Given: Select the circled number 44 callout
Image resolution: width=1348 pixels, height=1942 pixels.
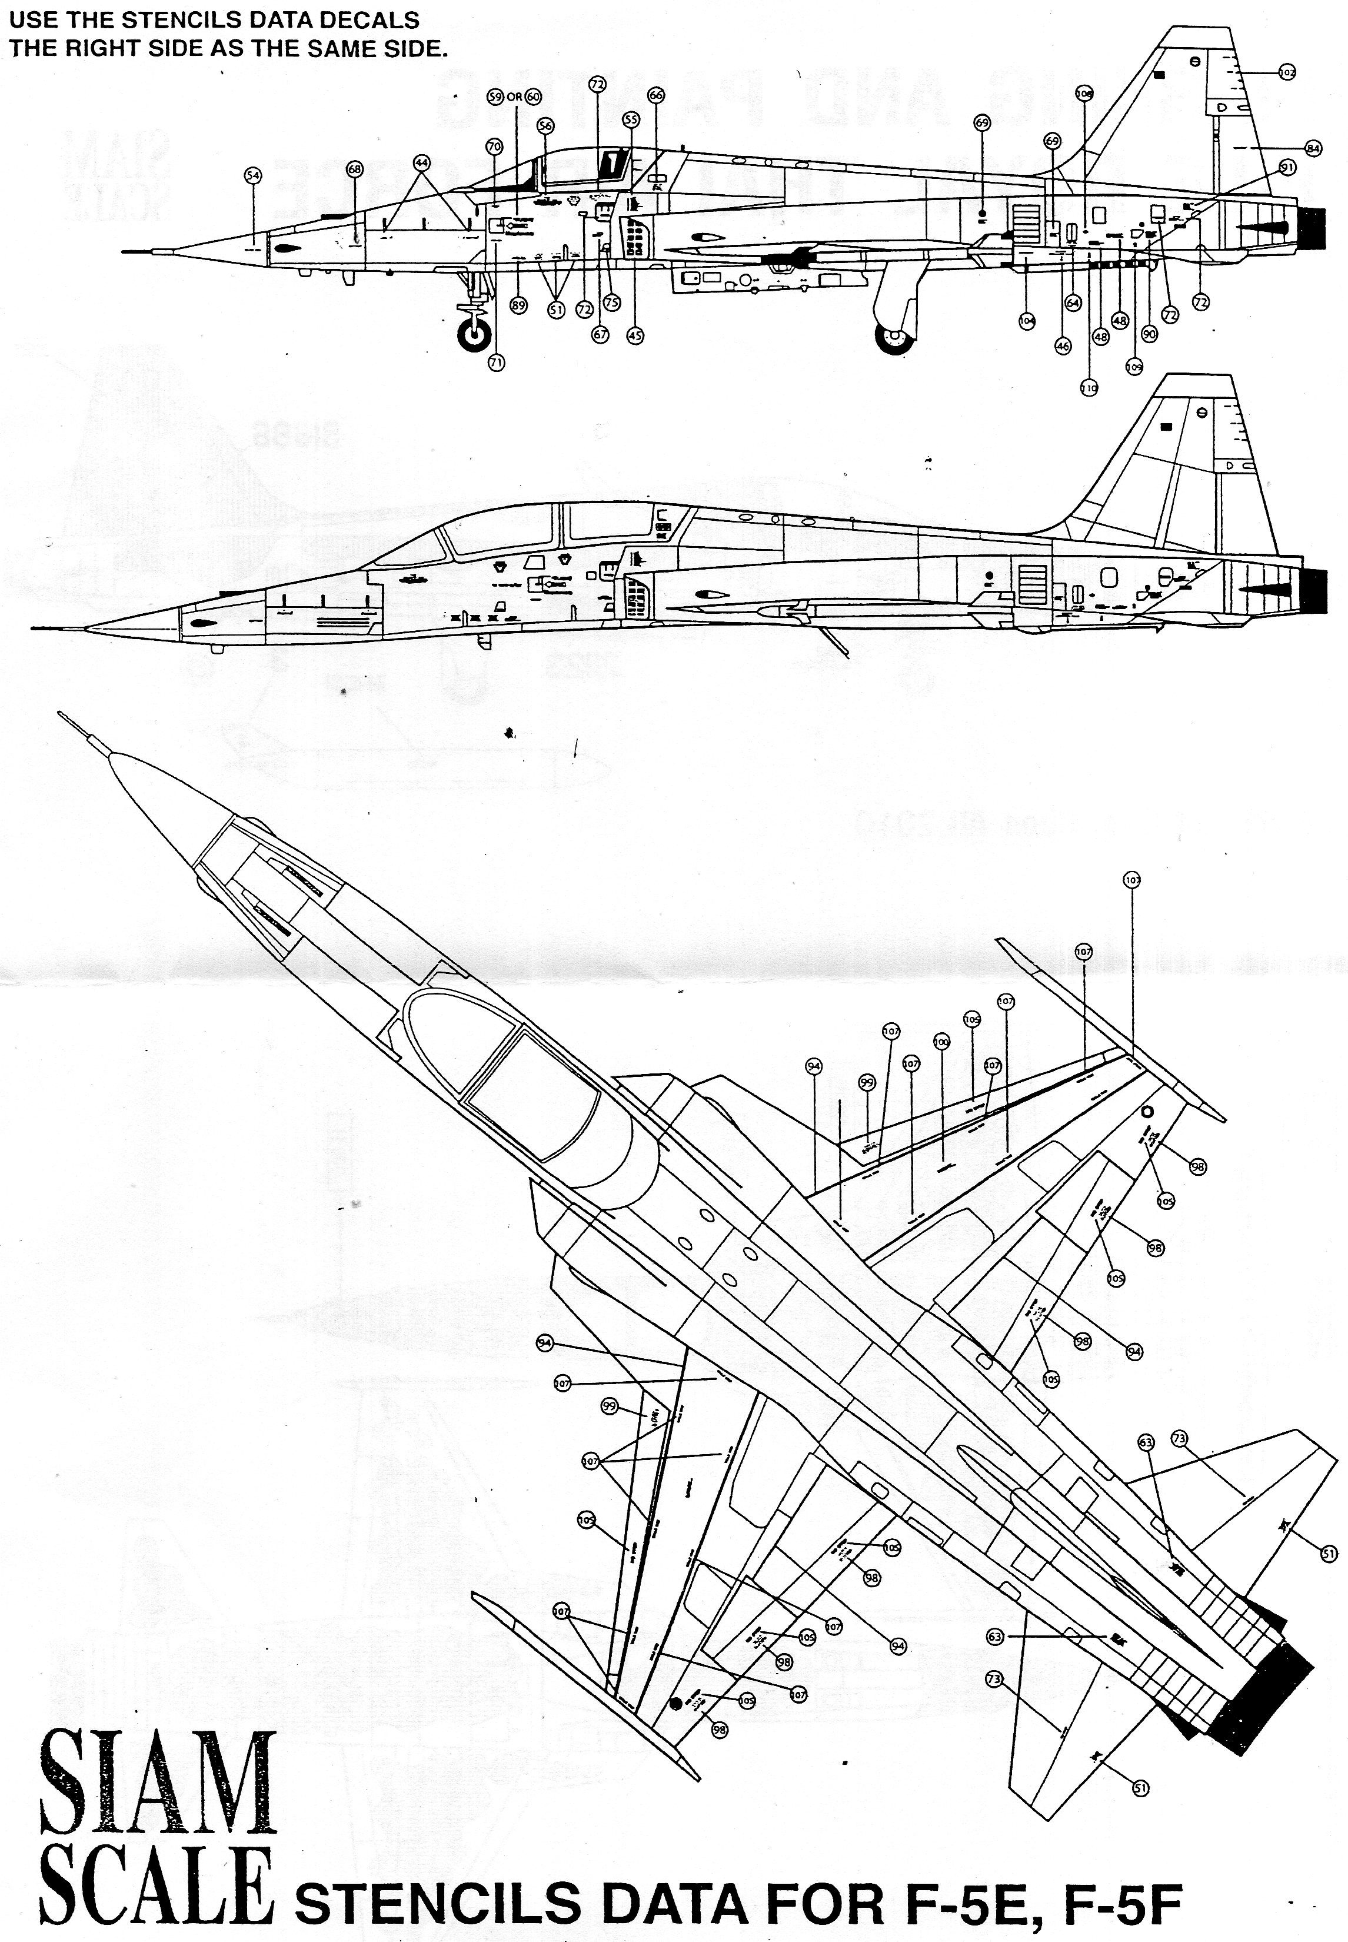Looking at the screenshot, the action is [421, 161].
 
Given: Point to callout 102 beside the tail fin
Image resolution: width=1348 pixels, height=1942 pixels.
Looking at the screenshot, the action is [1286, 72].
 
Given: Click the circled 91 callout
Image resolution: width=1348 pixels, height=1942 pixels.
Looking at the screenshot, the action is [1287, 167].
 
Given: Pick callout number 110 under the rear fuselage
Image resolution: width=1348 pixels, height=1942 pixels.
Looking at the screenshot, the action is [1089, 388].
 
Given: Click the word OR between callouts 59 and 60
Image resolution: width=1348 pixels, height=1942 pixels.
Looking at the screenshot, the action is [514, 97].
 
